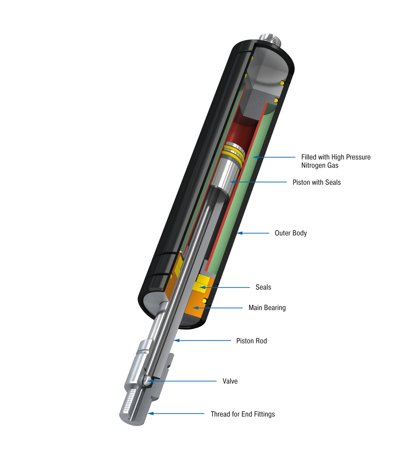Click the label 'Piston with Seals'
[316, 182]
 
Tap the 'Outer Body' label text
[291, 233]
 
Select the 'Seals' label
[263, 287]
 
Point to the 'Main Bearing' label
[267, 308]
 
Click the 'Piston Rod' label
[251, 341]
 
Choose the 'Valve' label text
[230, 381]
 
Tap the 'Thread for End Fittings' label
[242, 414]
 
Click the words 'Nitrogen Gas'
[319, 166]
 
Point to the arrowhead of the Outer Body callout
[239, 233]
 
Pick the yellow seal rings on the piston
[233, 153]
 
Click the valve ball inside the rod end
[146, 380]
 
